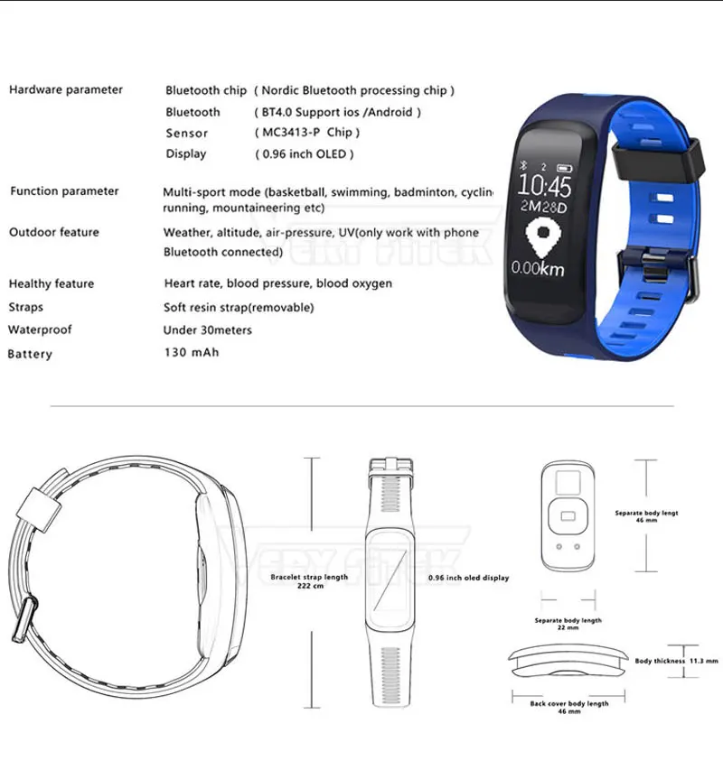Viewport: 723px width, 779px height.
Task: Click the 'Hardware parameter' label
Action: click(66, 89)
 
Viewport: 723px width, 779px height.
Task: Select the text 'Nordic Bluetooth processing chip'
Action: click(354, 90)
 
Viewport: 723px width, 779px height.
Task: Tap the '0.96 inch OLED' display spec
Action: click(304, 154)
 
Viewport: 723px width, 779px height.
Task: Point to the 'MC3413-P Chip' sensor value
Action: click(307, 133)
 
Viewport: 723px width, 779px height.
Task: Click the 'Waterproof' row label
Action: click(40, 329)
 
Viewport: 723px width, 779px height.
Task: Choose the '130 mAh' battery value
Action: click(191, 352)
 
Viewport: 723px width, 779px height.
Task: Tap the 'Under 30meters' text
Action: click(208, 329)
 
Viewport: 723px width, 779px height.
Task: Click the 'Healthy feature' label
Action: click(52, 283)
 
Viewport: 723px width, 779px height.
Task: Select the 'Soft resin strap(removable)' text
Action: click(239, 307)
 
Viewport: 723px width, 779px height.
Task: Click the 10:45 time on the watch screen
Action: click(546, 188)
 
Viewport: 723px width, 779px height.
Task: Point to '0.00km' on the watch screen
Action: click(540, 268)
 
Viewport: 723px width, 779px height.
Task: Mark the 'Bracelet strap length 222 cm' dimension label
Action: click(309, 581)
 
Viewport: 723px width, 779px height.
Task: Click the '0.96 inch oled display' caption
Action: click(468, 578)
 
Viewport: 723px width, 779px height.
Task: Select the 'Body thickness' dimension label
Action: click(661, 661)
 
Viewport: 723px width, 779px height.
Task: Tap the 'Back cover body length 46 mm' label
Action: click(568, 708)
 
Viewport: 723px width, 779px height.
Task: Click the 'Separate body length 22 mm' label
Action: click(568, 625)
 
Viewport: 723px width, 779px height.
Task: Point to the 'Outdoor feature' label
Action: click(54, 232)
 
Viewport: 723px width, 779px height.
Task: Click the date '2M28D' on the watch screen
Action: click(545, 209)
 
